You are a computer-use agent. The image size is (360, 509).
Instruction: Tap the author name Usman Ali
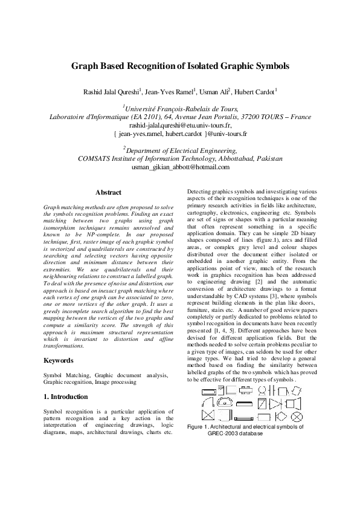(214, 91)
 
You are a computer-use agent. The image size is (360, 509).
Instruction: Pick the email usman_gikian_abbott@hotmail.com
(180, 167)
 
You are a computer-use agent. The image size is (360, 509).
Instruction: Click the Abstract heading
(109, 192)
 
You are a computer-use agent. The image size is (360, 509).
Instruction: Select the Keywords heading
(60, 360)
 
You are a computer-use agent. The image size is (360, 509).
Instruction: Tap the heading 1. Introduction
(66, 397)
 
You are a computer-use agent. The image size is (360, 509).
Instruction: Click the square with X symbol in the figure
(207, 415)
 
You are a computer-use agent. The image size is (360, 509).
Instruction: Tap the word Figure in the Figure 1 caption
(198, 427)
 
